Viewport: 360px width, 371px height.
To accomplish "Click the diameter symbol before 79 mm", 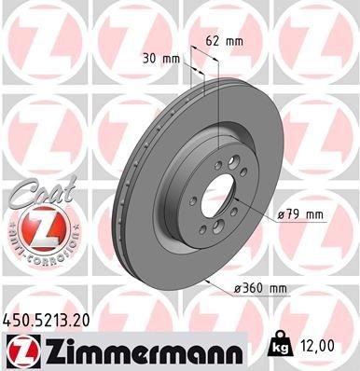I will coord(282,215).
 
